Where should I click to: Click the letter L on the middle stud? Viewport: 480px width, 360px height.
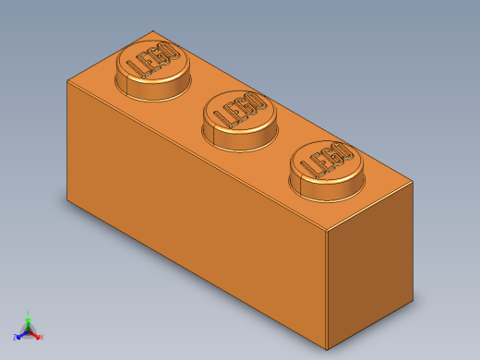[221, 117]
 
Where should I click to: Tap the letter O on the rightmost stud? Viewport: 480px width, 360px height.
[342, 150]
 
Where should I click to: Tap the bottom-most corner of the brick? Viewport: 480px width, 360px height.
[327, 349]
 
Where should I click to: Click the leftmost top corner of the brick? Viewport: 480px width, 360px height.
[67, 80]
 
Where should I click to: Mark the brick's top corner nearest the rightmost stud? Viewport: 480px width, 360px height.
[413, 182]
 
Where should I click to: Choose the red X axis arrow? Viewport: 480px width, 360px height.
[36, 335]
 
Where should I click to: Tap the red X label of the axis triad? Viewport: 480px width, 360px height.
[42, 337]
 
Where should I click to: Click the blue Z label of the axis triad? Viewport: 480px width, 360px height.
[15, 337]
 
